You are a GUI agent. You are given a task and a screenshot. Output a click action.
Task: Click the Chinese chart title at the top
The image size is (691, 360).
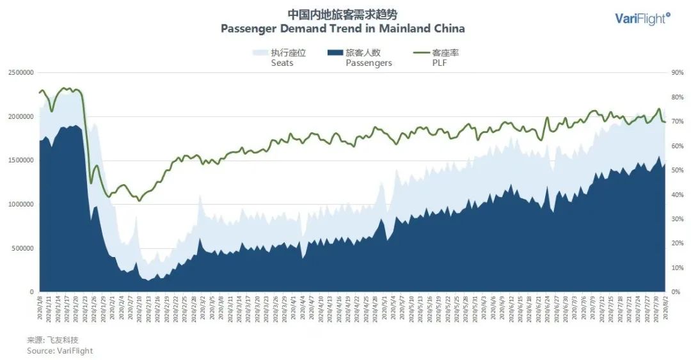point(346,14)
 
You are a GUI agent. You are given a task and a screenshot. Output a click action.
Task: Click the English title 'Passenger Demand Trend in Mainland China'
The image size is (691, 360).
point(343,29)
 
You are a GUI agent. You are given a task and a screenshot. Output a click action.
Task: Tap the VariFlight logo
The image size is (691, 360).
point(642,18)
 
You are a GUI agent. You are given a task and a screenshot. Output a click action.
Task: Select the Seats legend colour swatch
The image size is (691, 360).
point(260,52)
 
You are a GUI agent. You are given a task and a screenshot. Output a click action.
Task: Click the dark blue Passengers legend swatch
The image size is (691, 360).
point(334,52)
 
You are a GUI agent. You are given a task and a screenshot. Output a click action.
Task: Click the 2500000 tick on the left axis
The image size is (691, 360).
point(20,73)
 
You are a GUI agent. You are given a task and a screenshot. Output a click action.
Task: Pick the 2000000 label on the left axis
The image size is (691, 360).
point(20,117)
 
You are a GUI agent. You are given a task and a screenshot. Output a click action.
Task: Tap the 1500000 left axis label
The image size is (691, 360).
point(20,160)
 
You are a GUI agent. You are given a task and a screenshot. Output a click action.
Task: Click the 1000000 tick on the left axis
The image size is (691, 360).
point(20,205)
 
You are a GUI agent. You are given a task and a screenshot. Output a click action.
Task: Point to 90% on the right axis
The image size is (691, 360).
point(678,73)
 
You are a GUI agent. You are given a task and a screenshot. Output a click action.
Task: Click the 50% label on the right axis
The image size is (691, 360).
point(678,170)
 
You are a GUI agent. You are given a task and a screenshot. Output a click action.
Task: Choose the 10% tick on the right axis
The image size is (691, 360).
point(678,268)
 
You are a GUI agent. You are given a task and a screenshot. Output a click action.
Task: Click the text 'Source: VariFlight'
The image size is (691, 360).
point(60,350)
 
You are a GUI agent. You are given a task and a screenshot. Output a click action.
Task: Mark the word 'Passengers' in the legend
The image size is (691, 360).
point(369,63)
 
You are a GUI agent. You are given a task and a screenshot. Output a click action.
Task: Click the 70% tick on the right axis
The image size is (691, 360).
point(678,121)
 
